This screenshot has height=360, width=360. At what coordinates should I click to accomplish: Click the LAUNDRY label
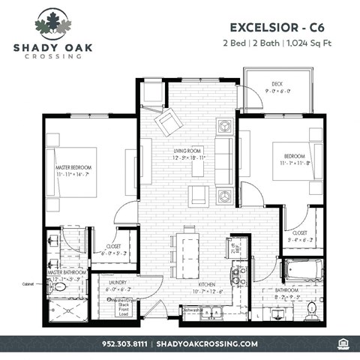tap(118, 283)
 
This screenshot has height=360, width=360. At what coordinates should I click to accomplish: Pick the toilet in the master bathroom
tap(60, 286)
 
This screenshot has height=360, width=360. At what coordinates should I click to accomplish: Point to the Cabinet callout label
tap(28, 284)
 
